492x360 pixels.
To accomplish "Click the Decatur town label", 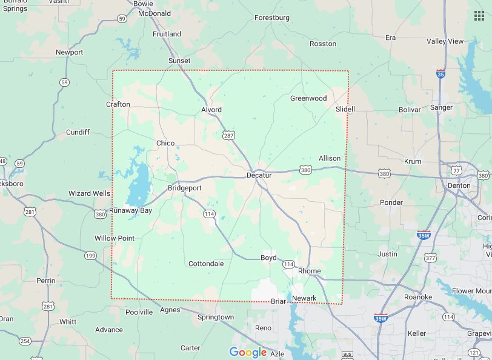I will point(259,175).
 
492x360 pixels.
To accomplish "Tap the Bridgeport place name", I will point(184,188).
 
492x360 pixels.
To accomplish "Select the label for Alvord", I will point(211,110).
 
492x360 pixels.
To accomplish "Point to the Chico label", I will point(165,143).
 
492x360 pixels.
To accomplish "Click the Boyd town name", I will point(268,258).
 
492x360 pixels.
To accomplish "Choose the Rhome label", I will point(309,271).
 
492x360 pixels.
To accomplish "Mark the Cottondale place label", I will point(206,264).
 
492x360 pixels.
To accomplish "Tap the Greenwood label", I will point(308,98).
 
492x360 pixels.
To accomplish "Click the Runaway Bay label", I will point(130,211).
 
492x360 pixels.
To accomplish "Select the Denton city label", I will point(459,185).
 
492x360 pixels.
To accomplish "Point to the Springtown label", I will point(216,317).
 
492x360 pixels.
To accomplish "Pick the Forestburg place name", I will point(272,18).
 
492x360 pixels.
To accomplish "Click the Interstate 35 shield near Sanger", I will point(440,73).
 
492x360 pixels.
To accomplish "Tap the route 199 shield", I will point(90,256).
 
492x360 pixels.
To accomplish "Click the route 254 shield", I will point(25,341).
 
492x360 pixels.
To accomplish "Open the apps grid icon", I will point(479,15).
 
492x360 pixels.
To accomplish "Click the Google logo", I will point(248,352).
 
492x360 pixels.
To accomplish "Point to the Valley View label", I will point(445,41).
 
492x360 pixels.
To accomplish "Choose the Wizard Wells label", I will point(89,194).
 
